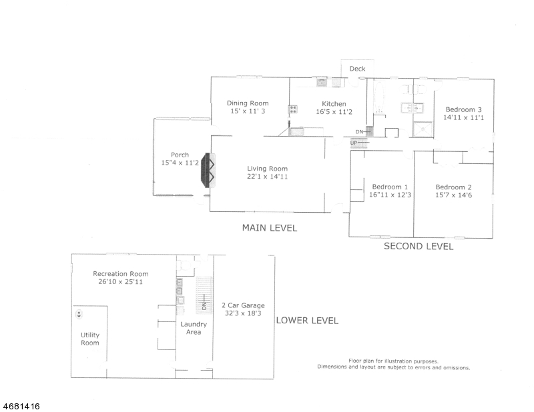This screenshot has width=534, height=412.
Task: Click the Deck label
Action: pos(357,69)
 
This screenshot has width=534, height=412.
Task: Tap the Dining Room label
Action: pos(248,103)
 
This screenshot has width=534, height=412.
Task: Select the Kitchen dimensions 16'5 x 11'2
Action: pos(334,111)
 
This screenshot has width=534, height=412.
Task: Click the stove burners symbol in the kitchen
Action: pos(293,109)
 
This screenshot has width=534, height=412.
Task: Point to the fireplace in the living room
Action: pos(208,170)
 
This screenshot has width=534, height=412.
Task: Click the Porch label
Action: pos(180,155)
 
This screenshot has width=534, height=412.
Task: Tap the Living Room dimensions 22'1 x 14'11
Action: pos(268,177)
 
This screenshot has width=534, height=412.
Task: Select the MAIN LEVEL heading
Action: pos(270,227)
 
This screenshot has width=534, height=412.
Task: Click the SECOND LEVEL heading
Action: pos(419,246)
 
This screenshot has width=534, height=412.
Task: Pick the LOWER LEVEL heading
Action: pos(307,321)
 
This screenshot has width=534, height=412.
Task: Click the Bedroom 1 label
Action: pos(390,187)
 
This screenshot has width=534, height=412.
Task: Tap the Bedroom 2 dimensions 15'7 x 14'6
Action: pos(453,195)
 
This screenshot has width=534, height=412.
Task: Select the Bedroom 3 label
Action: pos(463,109)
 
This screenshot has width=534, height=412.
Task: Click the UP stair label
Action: pos(354,143)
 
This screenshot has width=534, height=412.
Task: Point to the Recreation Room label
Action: pos(121,274)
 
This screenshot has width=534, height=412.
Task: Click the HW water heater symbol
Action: pos(79,314)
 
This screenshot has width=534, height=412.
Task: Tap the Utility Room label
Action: pos(90,339)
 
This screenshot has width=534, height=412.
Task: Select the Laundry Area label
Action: pos(194,328)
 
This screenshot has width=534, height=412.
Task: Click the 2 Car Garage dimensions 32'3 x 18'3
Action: pos(243,313)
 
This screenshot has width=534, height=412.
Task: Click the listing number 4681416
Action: pos(21,406)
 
